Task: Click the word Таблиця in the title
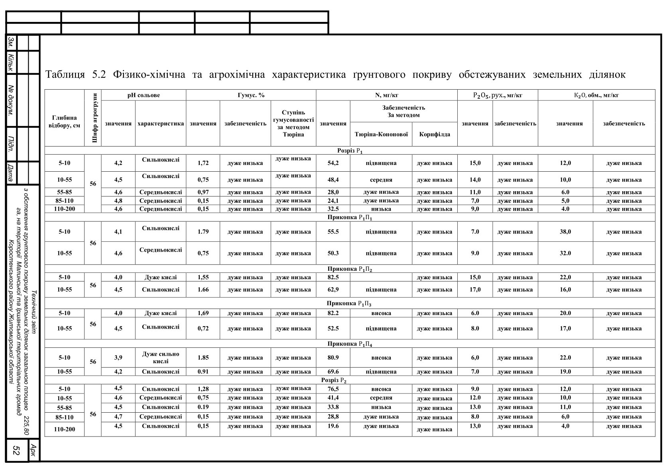(65, 75)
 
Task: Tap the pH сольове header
(144, 95)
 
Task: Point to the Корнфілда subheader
(435, 134)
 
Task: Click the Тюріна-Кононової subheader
(381, 134)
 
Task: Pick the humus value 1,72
(203, 163)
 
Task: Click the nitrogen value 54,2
(333, 163)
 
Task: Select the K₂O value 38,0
(565, 232)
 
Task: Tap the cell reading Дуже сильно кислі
(160, 357)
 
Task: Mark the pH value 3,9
(118, 358)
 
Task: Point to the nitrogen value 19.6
(333, 426)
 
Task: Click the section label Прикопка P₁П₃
(349, 304)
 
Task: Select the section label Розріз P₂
(334, 380)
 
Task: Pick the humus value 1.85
(203, 358)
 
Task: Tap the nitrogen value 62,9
(333, 290)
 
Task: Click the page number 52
(17, 450)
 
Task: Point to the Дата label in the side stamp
(11, 173)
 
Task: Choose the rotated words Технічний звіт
(33, 311)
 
